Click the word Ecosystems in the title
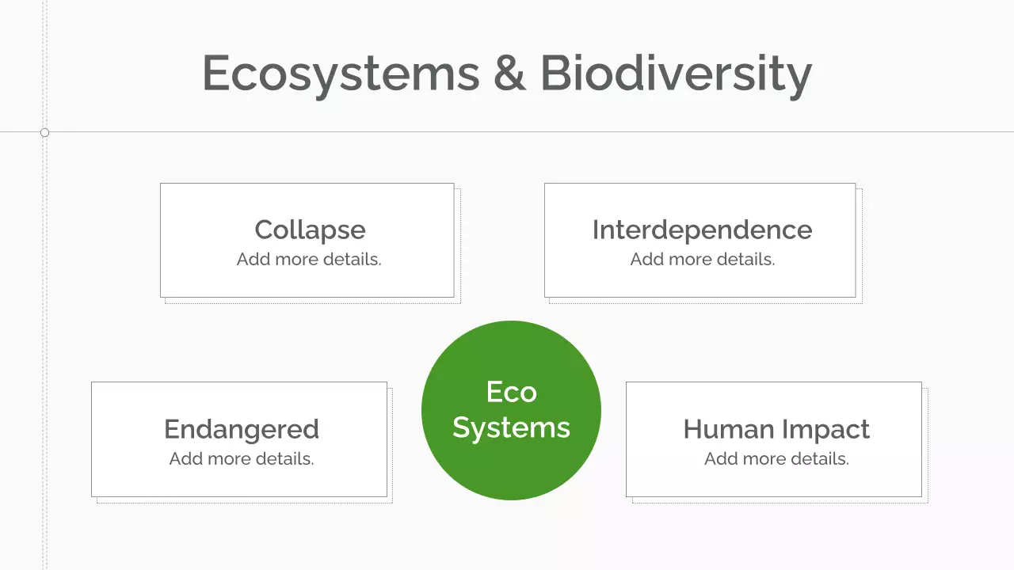point(341,74)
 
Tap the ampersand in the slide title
point(510,74)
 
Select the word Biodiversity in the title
point(676,74)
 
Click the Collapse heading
point(310,230)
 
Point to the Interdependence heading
point(702,230)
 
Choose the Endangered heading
point(241,429)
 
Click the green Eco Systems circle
point(511,467)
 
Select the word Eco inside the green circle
point(511,392)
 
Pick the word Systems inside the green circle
point(511,427)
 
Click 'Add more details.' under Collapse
point(309,260)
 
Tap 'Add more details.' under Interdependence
point(702,260)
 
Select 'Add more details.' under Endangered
point(241,459)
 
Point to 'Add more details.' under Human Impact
point(776,459)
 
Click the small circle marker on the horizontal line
point(44,132)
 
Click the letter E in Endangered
point(172,429)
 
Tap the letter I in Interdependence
point(596,230)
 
